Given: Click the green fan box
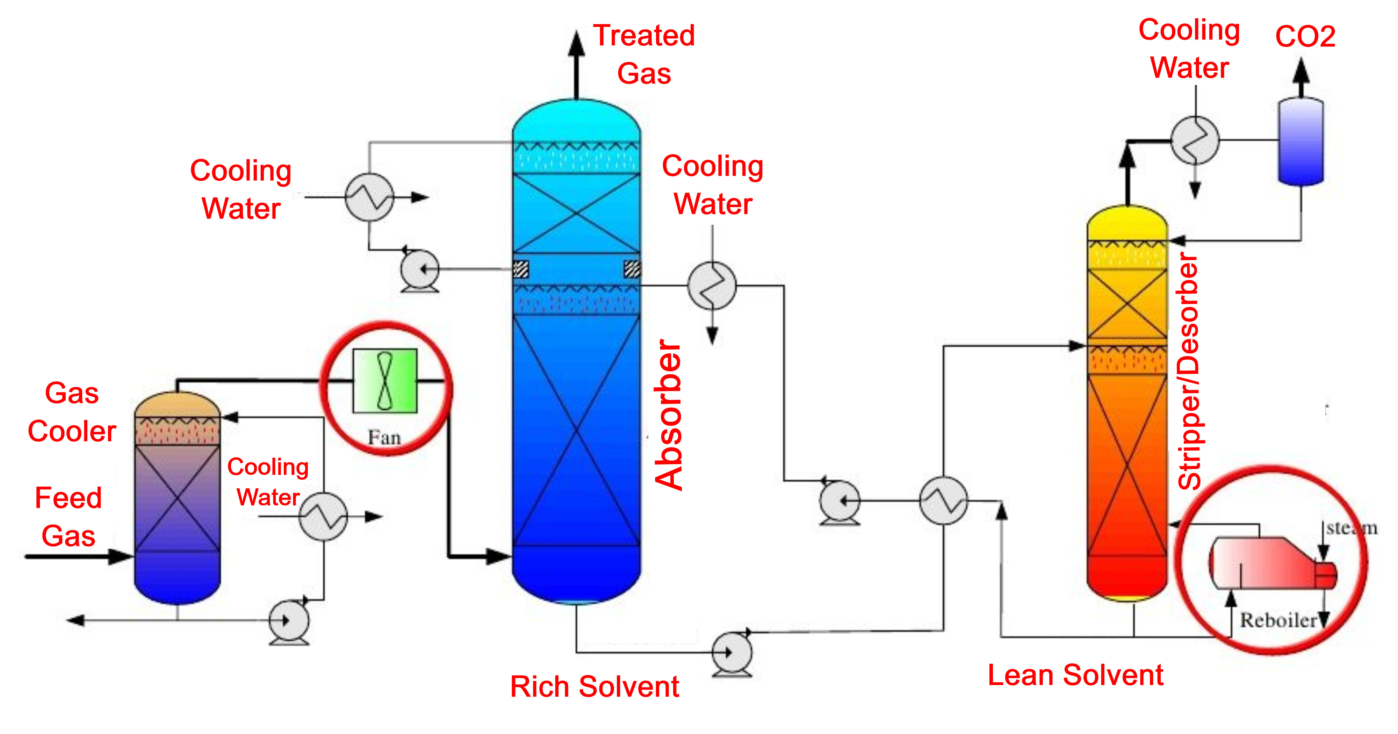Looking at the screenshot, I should (385, 381).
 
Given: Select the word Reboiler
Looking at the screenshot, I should (1278, 620).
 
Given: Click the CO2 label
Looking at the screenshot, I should (1305, 37).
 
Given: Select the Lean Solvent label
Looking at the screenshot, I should (1075, 675).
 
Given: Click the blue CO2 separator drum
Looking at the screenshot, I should (1301, 141).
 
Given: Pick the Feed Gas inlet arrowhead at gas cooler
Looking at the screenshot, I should (121, 556).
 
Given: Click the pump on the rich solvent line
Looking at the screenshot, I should (732, 653).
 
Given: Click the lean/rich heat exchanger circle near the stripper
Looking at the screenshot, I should (943, 501).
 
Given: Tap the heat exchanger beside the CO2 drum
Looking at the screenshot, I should (1195, 141).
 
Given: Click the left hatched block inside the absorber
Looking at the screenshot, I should (521, 269).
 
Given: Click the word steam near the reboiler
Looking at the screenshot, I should (1351, 528).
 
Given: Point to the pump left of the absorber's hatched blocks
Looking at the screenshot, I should (419, 269).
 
